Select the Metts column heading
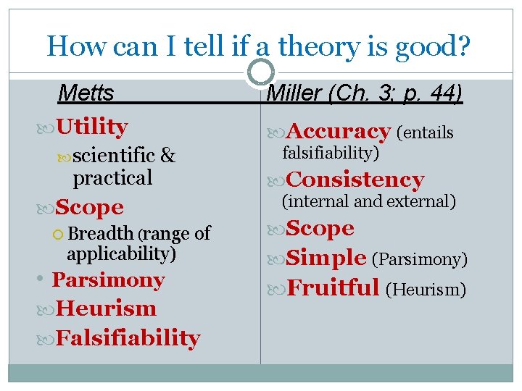pyautogui.click(x=86, y=93)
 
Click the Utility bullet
pyautogui.click(x=91, y=127)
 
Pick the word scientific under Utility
pyautogui.click(x=114, y=155)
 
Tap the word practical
pyautogui.click(x=112, y=177)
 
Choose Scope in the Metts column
pyautogui.click(x=89, y=207)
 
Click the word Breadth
pyautogui.click(x=101, y=233)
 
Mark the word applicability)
pyautogui.click(x=121, y=253)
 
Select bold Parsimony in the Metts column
pyautogui.click(x=108, y=280)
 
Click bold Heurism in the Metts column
pyautogui.click(x=106, y=308)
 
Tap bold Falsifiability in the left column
pyautogui.click(x=128, y=337)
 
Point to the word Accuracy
pyautogui.click(x=339, y=132)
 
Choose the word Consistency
pyautogui.click(x=355, y=180)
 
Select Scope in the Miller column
pyautogui.click(x=320, y=228)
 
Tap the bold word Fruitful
pyautogui.click(x=333, y=287)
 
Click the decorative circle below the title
pyautogui.click(x=261, y=72)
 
